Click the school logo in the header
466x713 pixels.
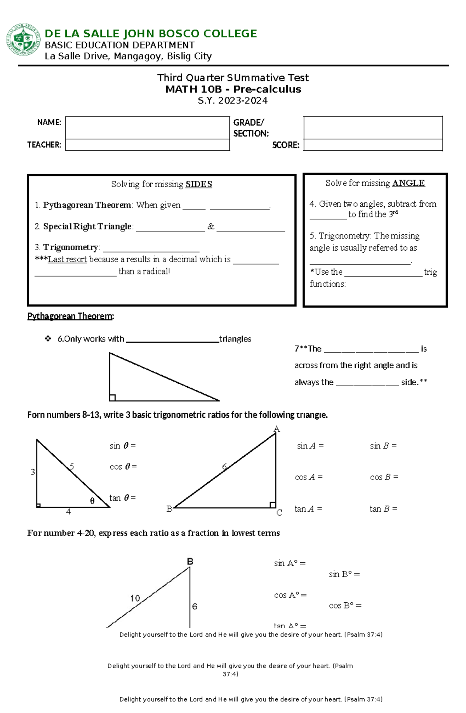23,40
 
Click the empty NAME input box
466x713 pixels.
147,128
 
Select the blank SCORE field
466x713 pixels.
373,145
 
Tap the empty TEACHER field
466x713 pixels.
147,145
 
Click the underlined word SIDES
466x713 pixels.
198,184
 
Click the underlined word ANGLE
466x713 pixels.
408,183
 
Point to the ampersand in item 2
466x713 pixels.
210,227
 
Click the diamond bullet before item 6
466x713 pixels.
48,339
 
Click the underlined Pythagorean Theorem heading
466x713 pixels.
70,316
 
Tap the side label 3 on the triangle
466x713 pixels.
33,472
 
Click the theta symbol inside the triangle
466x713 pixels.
92,501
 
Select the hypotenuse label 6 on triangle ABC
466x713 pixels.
224,467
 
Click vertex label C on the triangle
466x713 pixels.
279,513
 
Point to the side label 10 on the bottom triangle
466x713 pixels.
135,598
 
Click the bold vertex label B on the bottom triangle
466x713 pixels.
190,561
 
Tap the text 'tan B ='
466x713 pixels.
383,509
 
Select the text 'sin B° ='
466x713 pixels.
344,574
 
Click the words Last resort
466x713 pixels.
67,260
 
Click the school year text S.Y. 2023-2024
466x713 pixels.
233,101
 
